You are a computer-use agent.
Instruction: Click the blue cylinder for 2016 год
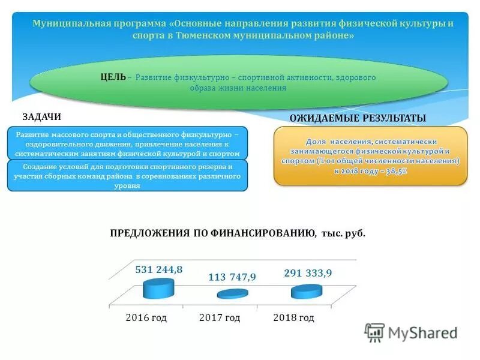coord(159,289)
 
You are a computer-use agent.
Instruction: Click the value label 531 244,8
coord(158,269)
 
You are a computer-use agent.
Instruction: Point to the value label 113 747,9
coord(232,277)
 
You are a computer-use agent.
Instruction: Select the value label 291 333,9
coord(308,272)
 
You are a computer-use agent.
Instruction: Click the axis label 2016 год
coord(146,317)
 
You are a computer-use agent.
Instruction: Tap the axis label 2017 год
coord(220,317)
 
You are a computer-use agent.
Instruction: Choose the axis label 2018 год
coord(293,317)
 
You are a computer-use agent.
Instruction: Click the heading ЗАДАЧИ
coord(41,117)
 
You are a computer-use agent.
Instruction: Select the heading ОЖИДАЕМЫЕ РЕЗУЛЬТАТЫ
coord(358,118)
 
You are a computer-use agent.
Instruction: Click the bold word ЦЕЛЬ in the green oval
coord(113,77)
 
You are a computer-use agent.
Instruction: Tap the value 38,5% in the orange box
coord(394,171)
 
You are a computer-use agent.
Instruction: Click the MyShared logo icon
coord(374,332)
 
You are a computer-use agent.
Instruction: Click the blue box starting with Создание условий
coord(127,176)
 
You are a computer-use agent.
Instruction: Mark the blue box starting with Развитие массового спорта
coord(127,144)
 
